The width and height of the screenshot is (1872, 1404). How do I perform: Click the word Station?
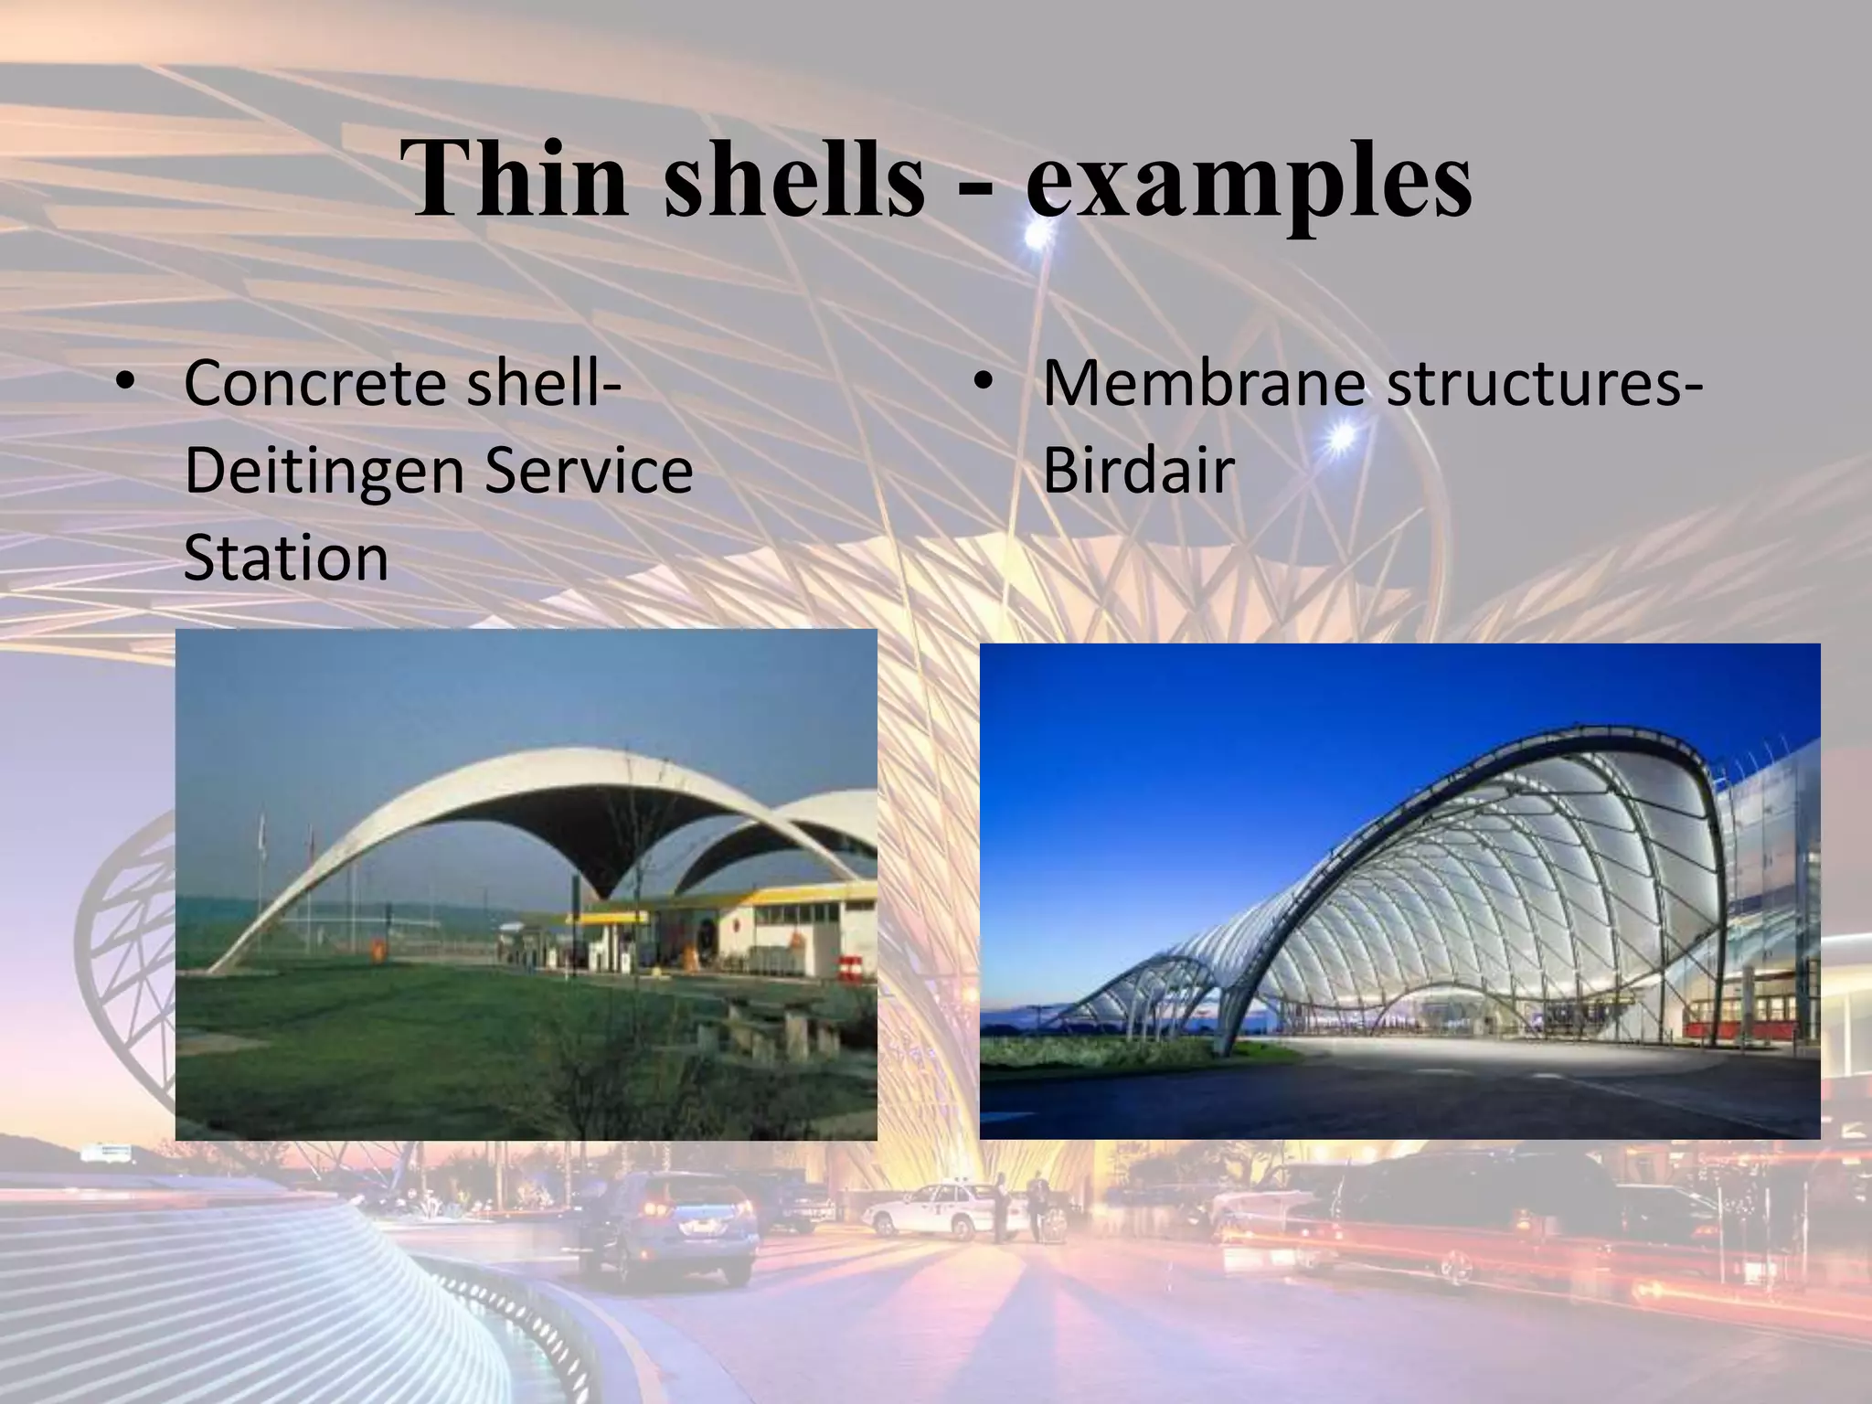[286, 558]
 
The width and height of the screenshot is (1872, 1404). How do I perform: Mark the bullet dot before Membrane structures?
[984, 385]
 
